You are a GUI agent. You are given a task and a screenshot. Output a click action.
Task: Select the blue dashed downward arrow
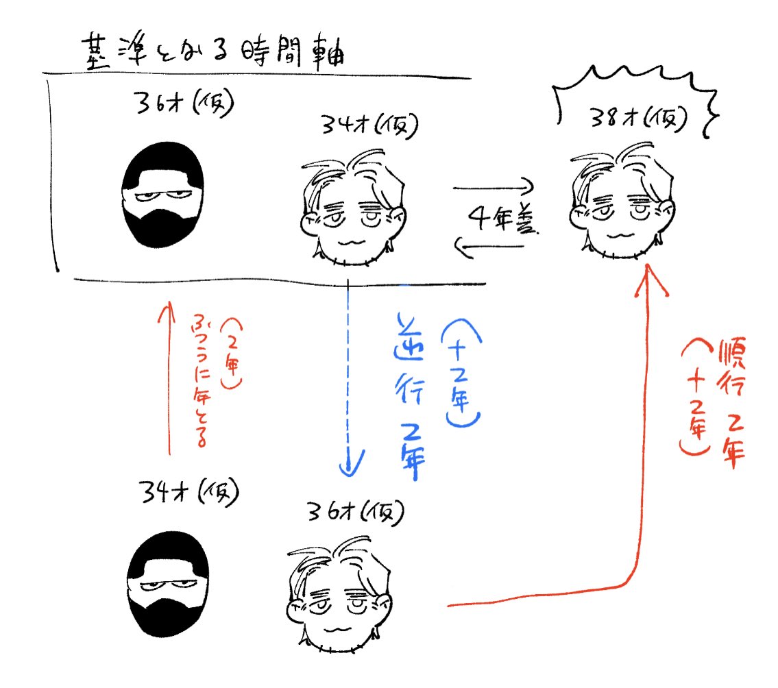(349, 377)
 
